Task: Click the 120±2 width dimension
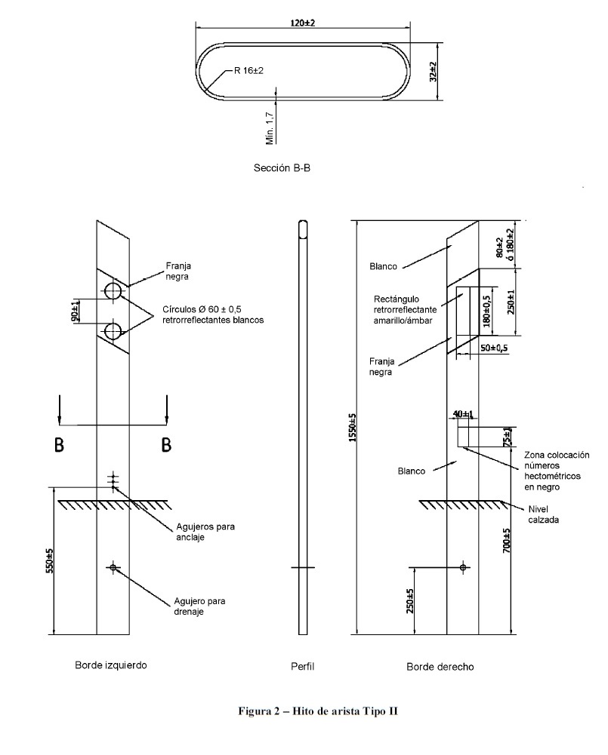tap(303, 23)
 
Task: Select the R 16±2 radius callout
tap(248, 71)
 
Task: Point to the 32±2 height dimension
tap(433, 71)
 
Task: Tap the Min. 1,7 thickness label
tap(270, 128)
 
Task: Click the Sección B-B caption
tap(282, 167)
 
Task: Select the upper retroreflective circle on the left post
tap(113, 291)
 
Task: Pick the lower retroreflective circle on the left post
tap(113, 332)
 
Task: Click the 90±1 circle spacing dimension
tap(76, 311)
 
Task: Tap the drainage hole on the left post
tap(113, 568)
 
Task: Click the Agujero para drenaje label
tap(199, 606)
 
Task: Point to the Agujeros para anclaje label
tap(205, 532)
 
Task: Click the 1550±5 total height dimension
tap(352, 428)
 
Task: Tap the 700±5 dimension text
tap(507, 540)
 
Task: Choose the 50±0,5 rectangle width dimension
tap(494, 348)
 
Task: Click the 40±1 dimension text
tap(463, 413)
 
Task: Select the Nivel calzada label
tap(543, 514)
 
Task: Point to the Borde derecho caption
tap(440, 667)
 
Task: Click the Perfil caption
tap(302, 667)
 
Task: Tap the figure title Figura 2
tap(318, 711)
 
